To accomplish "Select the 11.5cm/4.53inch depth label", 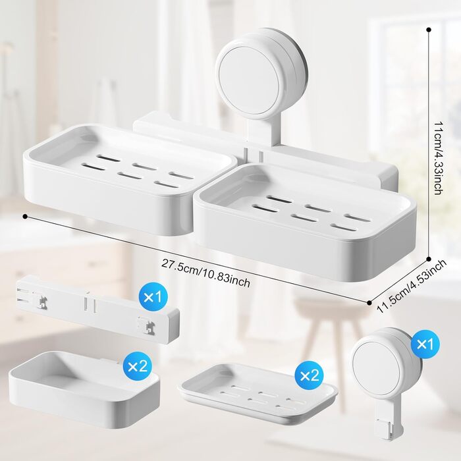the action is (x=412, y=286).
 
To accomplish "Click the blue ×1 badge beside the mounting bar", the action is (x=153, y=297).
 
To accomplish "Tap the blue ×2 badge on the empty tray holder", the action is (x=138, y=366).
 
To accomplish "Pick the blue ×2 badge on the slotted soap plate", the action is (x=310, y=376).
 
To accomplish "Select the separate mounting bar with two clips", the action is (x=97, y=310).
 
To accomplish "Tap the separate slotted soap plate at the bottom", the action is (x=259, y=393).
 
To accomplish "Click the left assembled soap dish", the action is (x=129, y=179).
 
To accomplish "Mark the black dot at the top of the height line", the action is (x=429, y=30).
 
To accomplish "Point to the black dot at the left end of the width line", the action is (x=25, y=217).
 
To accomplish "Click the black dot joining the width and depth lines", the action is (x=370, y=302).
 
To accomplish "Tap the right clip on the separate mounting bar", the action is (x=147, y=324).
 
